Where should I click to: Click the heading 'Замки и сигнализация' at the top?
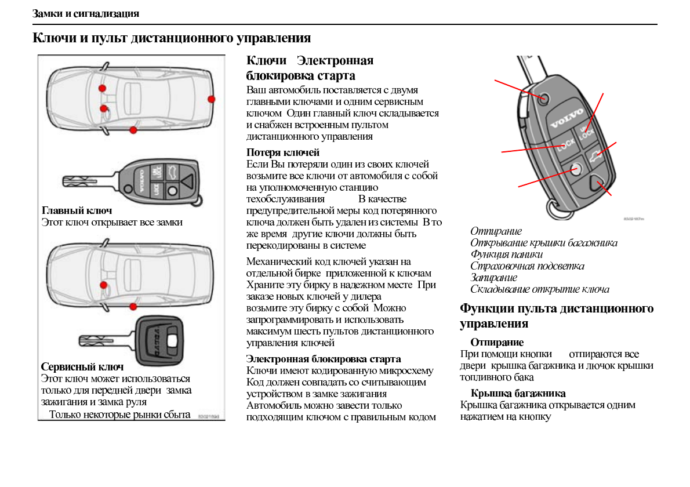pyautogui.click(x=86, y=13)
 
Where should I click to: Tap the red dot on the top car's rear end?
pyautogui.click(x=212, y=99)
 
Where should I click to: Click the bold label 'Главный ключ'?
pyautogui.click(x=77, y=210)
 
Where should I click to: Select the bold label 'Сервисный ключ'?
pyautogui.click(x=82, y=367)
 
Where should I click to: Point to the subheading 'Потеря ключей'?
pyautogui.click(x=283, y=152)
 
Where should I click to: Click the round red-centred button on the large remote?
pyautogui.click(x=575, y=169)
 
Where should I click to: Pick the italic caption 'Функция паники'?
pyautogui.click(x=506, y=255)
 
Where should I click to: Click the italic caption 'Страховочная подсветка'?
pyautogui.click(x=527, y=266)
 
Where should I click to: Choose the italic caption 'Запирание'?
pyautogui.click(x=493, y=278)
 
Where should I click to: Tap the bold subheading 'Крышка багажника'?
pyautogui.click(x=518, y=394)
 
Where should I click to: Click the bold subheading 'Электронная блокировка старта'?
pyautogui.click(x=324, y=359)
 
